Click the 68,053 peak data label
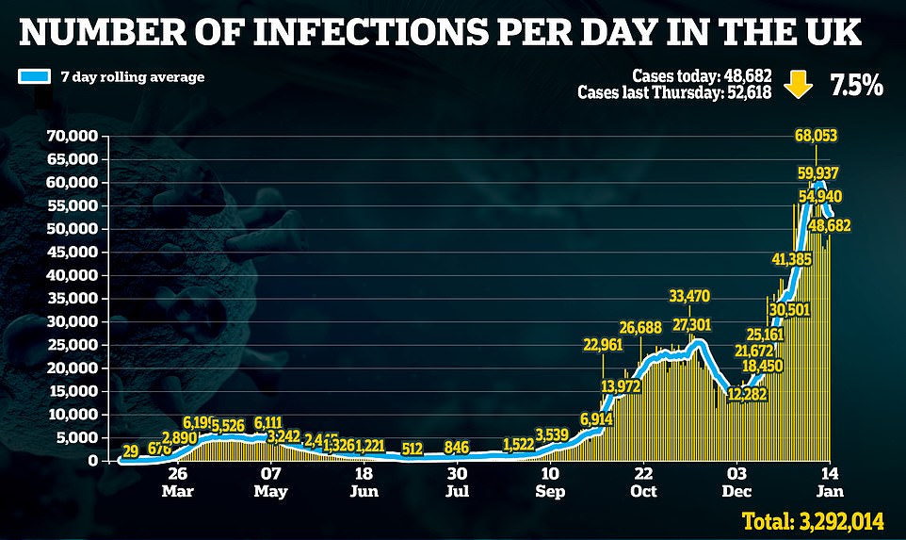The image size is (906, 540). coord(817,136)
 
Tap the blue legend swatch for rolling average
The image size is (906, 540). coord(35,76)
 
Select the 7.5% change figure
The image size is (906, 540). coord(855,86)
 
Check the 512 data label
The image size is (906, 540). coord(412,449)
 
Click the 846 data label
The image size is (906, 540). coord(457,448)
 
